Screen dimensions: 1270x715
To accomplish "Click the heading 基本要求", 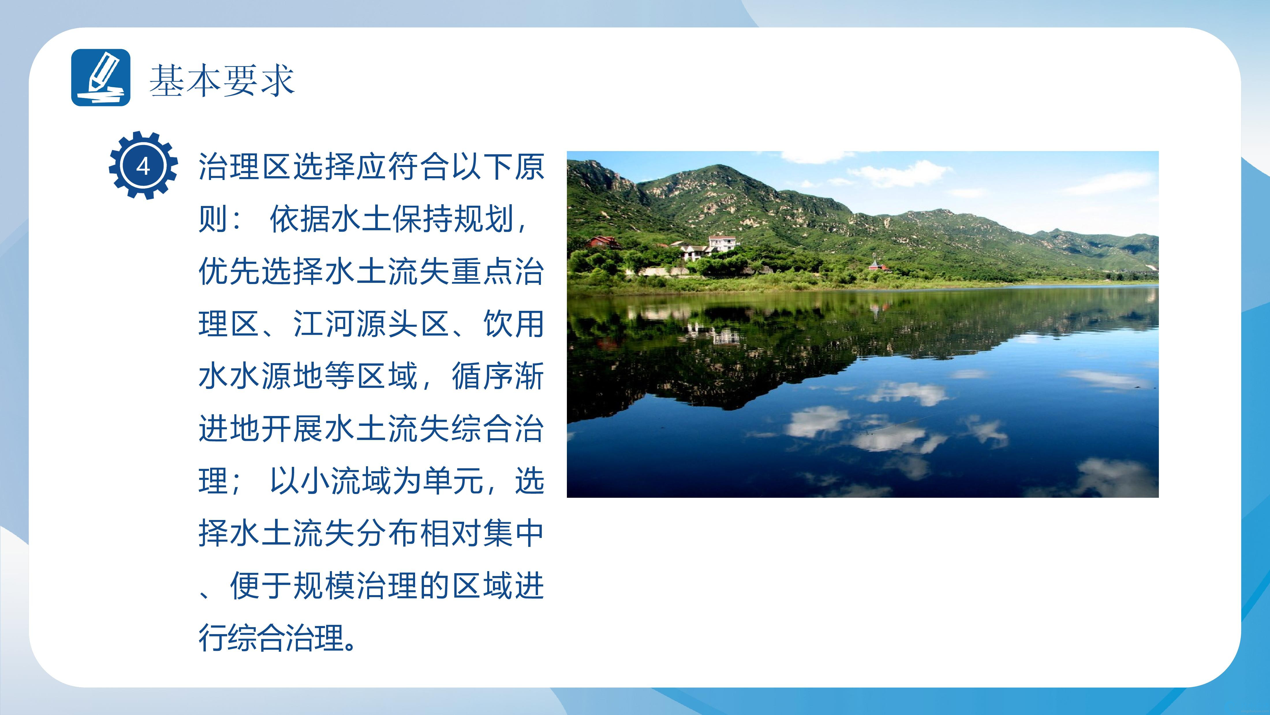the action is click(222, 80).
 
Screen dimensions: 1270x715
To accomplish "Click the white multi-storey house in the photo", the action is click(722, 243).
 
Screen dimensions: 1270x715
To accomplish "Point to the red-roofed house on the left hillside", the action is click(602, 242).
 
